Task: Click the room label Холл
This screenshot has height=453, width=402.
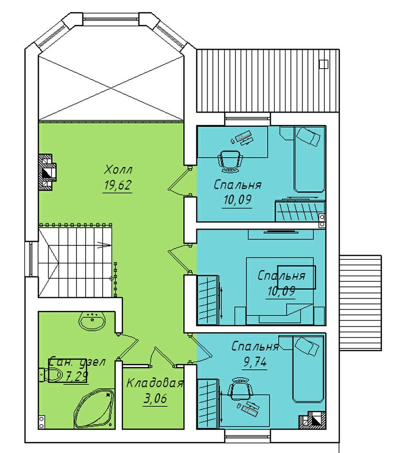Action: click(x=118, y=169)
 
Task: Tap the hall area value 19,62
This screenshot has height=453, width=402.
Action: click(x=117, y=186)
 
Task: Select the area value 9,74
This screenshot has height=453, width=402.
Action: click(x=255, y=362)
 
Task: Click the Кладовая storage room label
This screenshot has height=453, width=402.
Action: click(x=155, y=383)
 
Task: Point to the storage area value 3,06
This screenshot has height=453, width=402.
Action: click(x=155, y=399)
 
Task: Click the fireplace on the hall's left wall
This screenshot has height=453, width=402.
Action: click(x=47, y=172)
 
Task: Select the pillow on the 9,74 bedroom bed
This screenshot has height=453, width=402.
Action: click(x=308, y=346)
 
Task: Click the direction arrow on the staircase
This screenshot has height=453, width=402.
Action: click(x=104, y=245)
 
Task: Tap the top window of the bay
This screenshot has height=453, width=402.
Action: click(x=112, y=18)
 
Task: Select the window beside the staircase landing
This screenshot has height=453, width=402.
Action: click(x=31, y=259)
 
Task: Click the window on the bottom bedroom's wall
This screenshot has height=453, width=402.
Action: click(x=248, y=433)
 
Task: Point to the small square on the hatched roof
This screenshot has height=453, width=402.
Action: click(x=324, y=64)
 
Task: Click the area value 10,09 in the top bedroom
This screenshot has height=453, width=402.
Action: click(x=237, y=200)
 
